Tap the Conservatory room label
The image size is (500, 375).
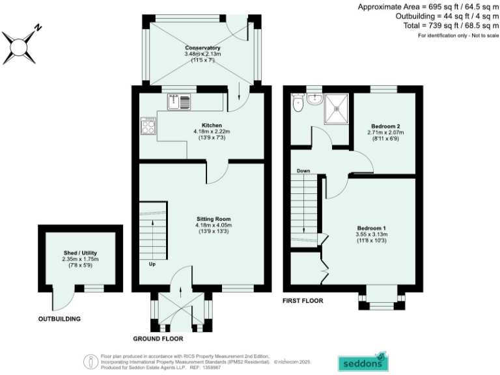tap(202, 48)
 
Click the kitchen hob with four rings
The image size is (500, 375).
tap(148, 126)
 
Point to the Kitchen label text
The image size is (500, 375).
tap(212, 125)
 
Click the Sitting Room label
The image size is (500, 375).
tap(214, 219)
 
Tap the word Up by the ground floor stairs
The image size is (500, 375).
tap(152, 265)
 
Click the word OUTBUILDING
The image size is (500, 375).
tap(59, 319)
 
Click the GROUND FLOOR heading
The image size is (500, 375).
tap(158, 339)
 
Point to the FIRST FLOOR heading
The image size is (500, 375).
tap(303, 301)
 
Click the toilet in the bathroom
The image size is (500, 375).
tap(298, 103)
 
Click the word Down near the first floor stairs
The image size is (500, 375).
tap(303, 171)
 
